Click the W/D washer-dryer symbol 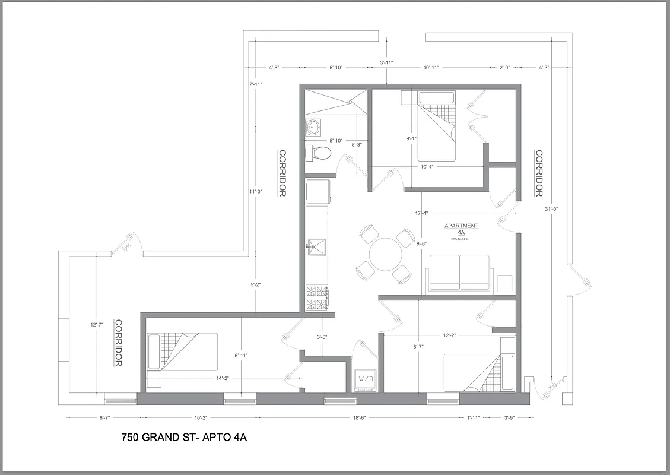[x=365, y=379]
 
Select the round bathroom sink [x=313, y=126]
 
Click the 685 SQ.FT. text [x=461, y=239]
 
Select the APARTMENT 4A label [x=461, y=229]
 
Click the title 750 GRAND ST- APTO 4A [x=183, y=438]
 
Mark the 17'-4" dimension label [x=422, y=213]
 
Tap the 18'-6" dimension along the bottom [x=359, y=418]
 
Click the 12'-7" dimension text [x=96, y=325]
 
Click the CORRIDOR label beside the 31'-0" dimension [x=539, y=173]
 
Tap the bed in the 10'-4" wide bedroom [x=436, y=126]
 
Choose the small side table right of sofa [x=504, y=283]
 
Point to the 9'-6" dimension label [x=422, y=243]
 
